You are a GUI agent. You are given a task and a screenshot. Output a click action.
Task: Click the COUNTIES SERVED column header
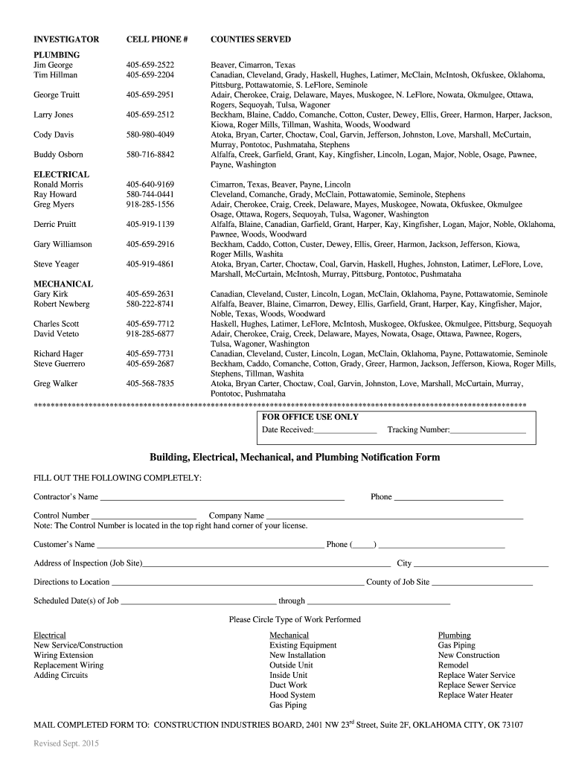coord(250,39)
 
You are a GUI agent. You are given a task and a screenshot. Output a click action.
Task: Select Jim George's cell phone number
coord(150,65)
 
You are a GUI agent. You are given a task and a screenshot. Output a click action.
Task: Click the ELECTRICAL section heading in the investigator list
coord(62,174)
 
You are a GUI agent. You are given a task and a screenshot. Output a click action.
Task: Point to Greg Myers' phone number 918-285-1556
coord(150,204)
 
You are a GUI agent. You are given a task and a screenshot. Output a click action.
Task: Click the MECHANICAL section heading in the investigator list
coord(63,284)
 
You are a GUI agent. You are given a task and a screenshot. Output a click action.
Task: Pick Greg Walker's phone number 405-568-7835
coord(150,384)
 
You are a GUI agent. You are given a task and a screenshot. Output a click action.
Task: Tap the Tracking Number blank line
coord(487,431)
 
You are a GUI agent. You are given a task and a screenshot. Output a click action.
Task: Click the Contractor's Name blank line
coord(222,498)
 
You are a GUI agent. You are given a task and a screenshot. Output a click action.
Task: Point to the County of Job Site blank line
coord(481,583)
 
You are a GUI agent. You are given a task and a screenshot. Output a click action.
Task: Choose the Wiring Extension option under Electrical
coord(63,656)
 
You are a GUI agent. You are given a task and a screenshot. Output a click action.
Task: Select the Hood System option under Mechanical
coord(292,695)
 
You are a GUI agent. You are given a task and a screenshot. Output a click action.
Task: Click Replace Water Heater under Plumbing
coord(475,695)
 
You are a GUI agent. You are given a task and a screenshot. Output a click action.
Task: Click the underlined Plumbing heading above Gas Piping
coord(454,635)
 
